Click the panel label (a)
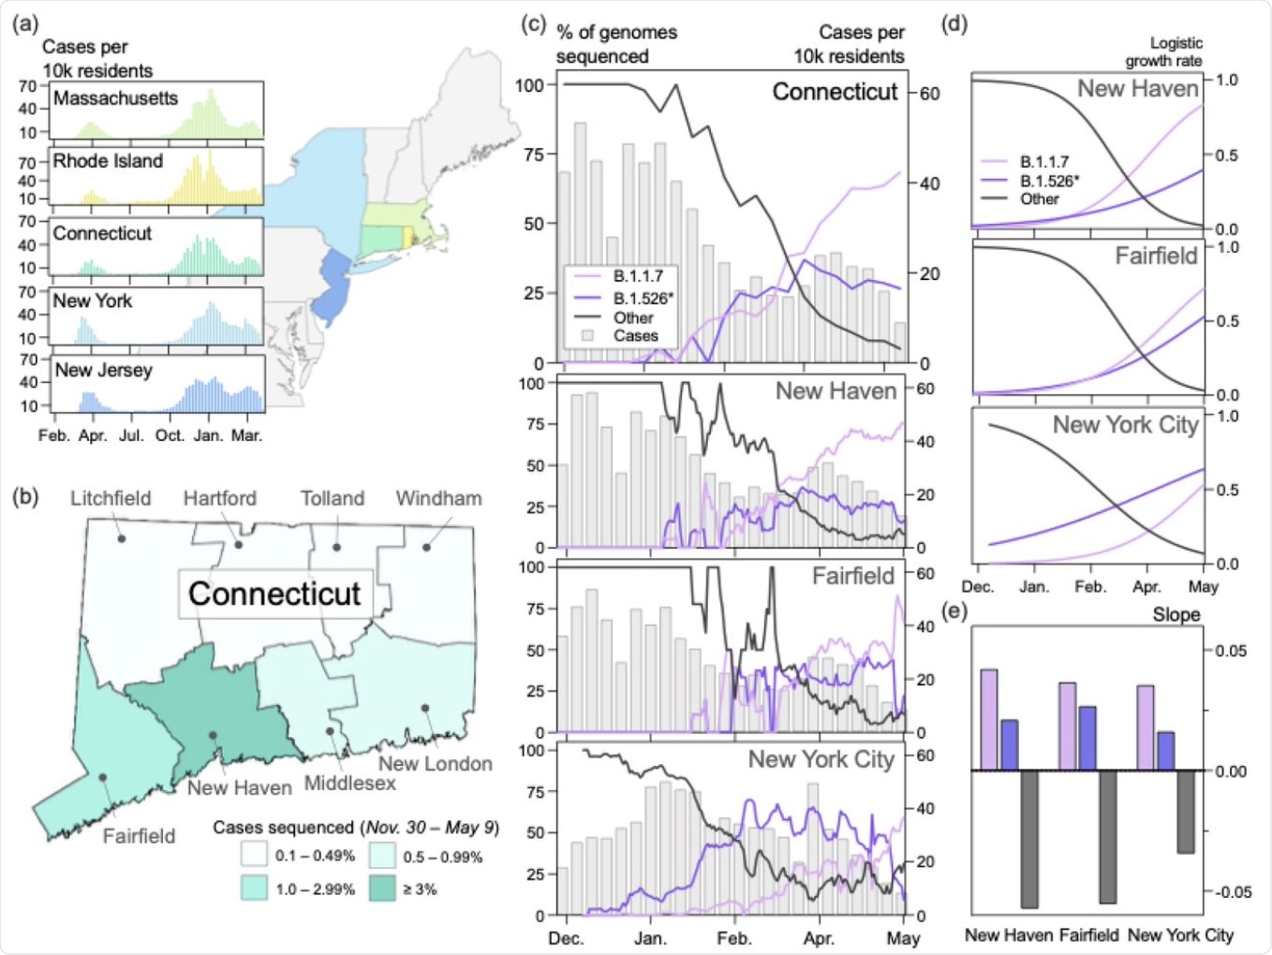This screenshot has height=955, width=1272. pos(25,23)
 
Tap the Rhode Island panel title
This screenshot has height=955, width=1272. pos(108,161)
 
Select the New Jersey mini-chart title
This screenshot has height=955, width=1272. pos(103,370)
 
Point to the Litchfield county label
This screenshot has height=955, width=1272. pos(111,498)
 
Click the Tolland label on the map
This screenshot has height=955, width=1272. pos(332,498)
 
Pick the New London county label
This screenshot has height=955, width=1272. pos(435,763)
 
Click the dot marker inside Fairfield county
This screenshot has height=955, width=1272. pos(102,777)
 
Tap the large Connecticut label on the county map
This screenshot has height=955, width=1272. pos(274,594)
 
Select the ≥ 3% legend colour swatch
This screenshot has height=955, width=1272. pos(382,889)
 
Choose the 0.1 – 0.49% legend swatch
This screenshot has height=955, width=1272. pos(254,856)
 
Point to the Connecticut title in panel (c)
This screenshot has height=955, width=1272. pos(835,92)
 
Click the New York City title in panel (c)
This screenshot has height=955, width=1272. pos(821,759)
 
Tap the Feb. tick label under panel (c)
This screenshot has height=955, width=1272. pos(734,938)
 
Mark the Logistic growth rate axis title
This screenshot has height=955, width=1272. pos(1165,51)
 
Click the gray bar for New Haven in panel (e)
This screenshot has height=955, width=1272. pos(1029,839)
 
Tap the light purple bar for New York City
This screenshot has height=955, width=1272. pos(1146,727)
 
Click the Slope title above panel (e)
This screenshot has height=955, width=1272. pos(1176,615)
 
